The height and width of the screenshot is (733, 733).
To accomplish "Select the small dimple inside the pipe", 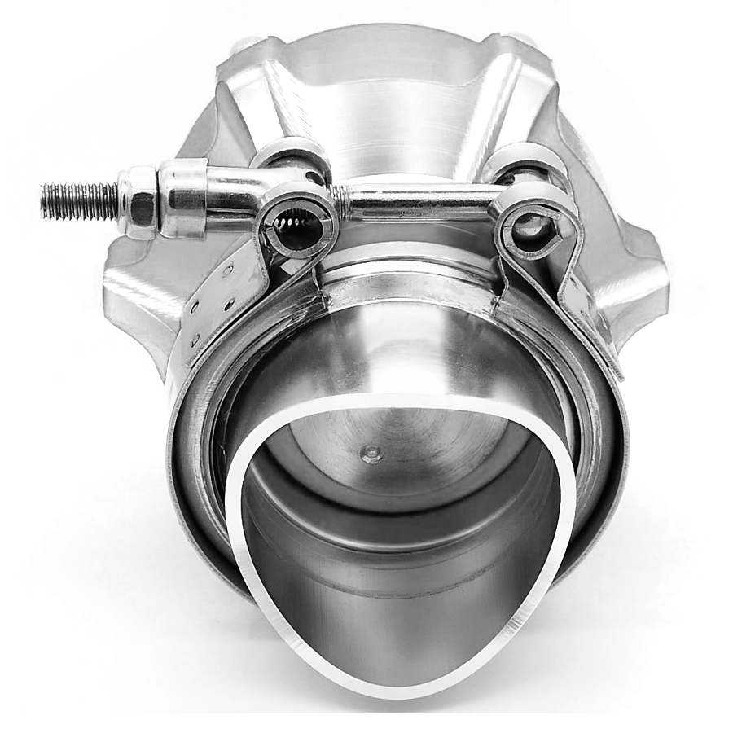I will (371, 454).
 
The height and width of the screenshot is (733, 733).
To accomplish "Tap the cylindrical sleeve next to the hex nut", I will (183, 198).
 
